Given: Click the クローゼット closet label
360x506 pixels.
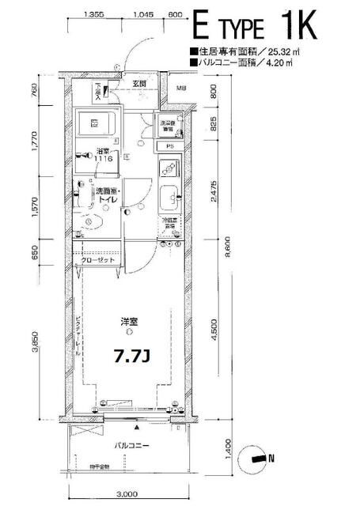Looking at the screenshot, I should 99,260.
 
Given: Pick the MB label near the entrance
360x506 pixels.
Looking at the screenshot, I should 180,87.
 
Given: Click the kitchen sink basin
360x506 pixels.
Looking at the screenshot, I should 170,198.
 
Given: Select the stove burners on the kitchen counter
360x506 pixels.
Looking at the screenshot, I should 169,168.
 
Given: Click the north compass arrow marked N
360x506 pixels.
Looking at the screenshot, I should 259,456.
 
